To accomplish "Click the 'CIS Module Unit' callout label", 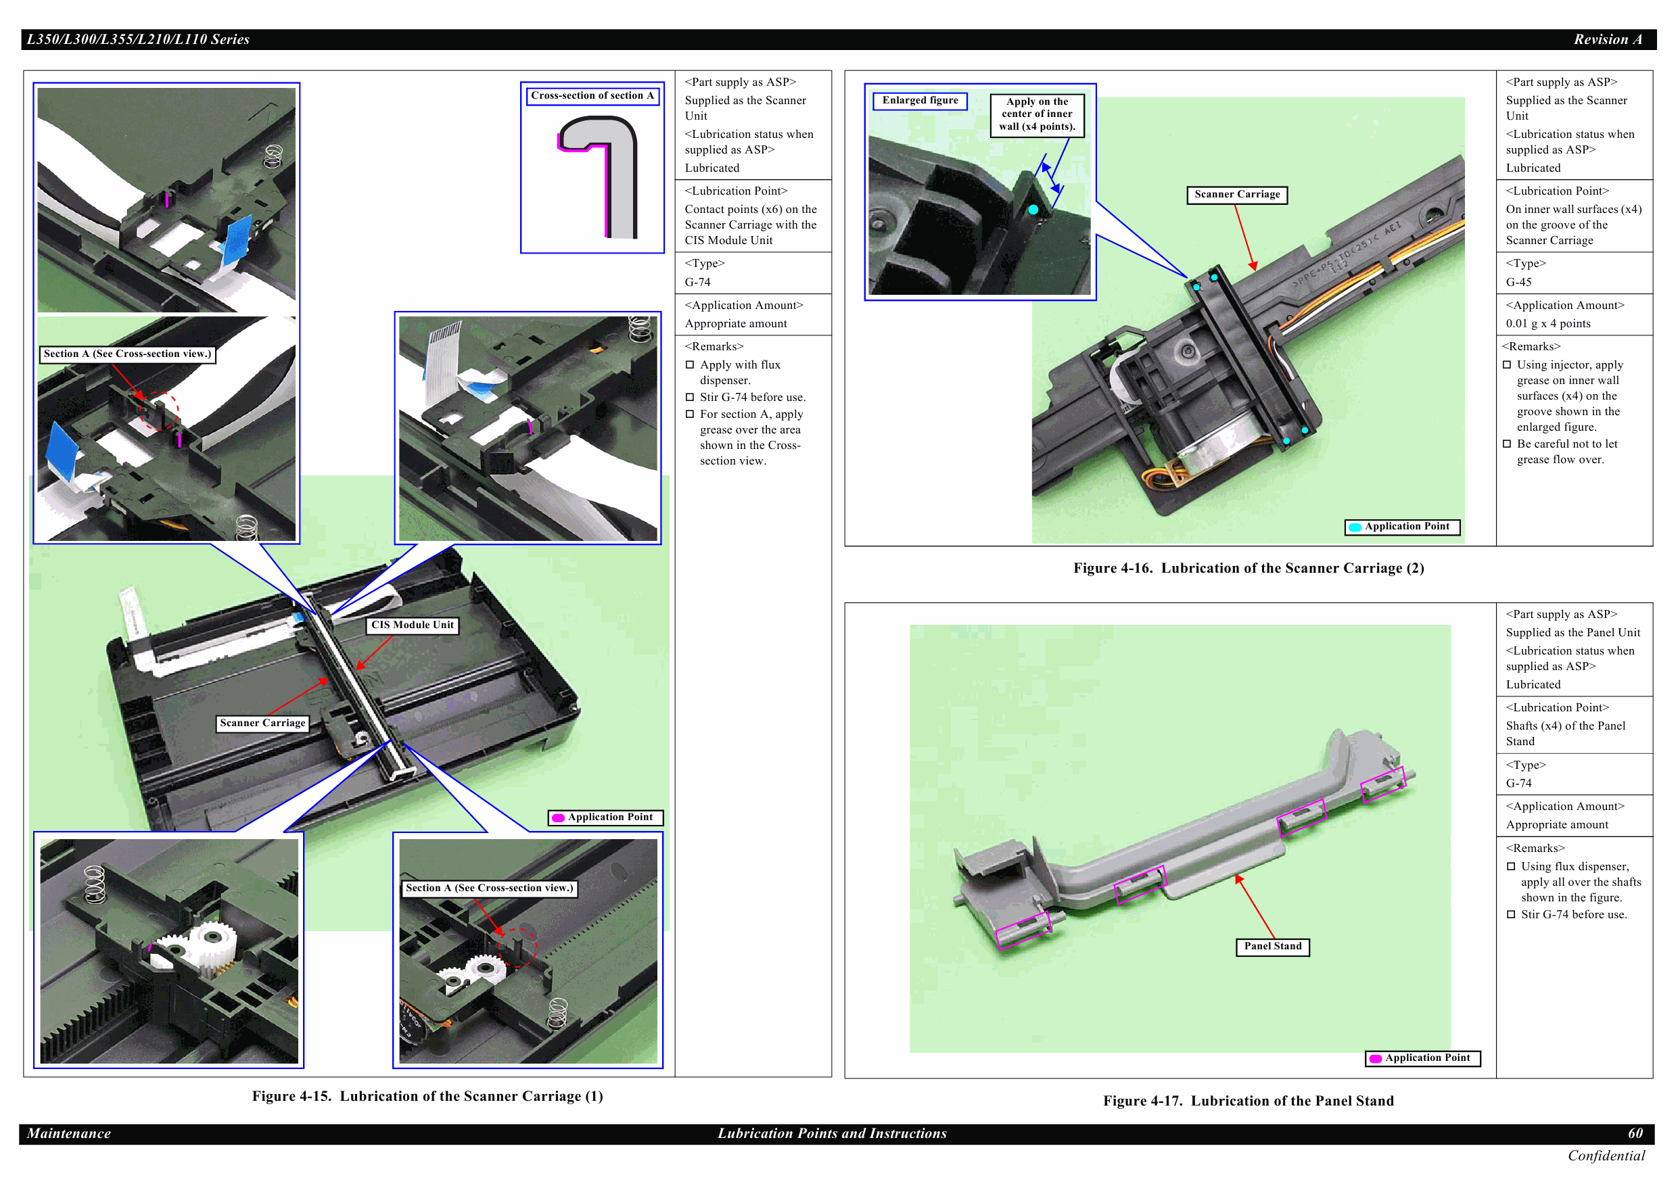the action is [x=412, y=625].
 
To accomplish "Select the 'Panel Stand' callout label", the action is [x=1272, y=947].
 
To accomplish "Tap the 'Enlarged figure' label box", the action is [x=919, y=101].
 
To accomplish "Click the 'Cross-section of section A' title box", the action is [x=592, y=96].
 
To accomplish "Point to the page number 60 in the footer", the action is [x=1635, y=1133].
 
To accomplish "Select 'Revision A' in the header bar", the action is [x=1608, y=39].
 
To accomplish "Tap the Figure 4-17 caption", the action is [x=1249, y=1101].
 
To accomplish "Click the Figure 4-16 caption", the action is [x=1249, y=568].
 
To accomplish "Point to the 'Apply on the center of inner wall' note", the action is [x=1037, y=115].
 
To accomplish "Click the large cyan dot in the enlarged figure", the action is [x=1033, y=210].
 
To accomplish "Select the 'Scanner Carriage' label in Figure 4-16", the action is [x=1236, y=194].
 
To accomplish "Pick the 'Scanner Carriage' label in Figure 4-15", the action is [x=262, y=723].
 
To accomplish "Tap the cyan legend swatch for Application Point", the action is [x=1354, y=527].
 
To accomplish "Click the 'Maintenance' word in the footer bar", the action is [x=69, y=1133].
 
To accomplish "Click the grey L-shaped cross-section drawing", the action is [x=599, y=178].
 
